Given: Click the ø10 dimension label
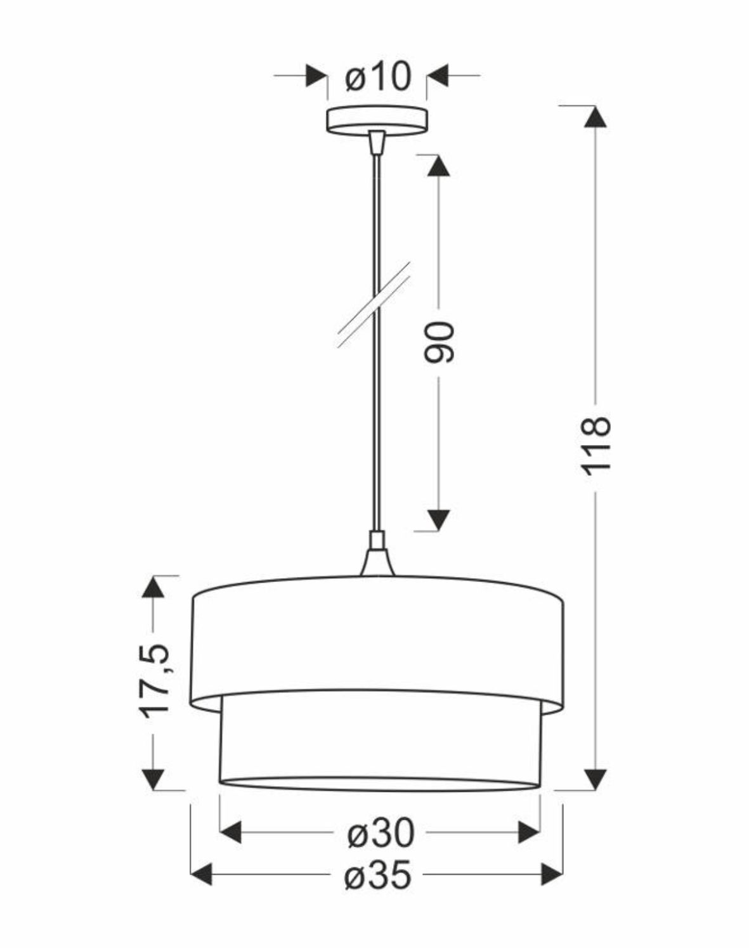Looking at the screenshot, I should tap(378, 77).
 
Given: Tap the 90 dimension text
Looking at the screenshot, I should tap(439, 342).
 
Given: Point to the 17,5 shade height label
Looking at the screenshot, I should tap(154, 681).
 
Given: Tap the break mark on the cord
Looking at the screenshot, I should tap(374, 304).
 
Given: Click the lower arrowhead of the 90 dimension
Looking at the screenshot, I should tap(438, 519).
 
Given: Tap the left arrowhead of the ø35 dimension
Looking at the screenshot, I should tap(201, 874).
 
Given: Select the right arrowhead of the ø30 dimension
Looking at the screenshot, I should tap(529, 832).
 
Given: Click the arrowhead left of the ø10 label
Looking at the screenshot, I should tap(316, 75).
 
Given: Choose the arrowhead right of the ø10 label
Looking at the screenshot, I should tap(438, 75).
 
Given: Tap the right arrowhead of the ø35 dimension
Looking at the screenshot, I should tap(552, 874).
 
